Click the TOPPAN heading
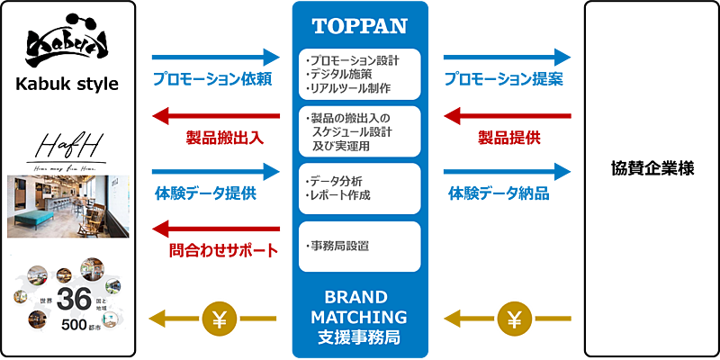pyautogui.click(x=359, y=25)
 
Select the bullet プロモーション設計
pyautogui.click(x=353, y=60)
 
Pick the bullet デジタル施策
pyautogui.click(x=337, y=74)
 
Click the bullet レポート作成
pyautogui.click(x=339, y=194)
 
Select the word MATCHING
pyautogui.click(x=359, y=317)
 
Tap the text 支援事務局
pyautogui.click(x=359, y=337)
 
